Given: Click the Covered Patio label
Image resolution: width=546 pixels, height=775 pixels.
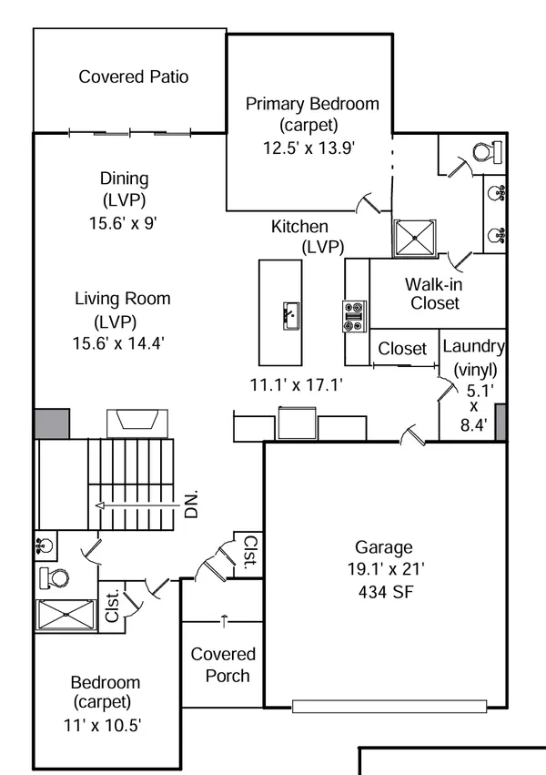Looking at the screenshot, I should tap(134, 76).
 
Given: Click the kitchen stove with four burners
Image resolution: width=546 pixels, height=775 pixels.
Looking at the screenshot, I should tap(353, 316).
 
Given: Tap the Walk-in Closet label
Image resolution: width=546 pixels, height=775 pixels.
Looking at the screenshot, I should tap(434, 293).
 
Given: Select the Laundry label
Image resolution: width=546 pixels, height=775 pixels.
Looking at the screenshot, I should tap(473, 346).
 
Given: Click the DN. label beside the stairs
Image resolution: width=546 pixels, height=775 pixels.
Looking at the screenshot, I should tap(192, 504).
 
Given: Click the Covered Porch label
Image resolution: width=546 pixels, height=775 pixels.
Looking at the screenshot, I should tap(223, 665).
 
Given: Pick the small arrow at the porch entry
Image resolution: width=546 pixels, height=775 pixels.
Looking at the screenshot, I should tap(224, 621).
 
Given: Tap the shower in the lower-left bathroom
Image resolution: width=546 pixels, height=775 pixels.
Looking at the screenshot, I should tap(65, 615).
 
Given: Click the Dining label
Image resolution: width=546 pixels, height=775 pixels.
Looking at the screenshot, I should tap(124, 179).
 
